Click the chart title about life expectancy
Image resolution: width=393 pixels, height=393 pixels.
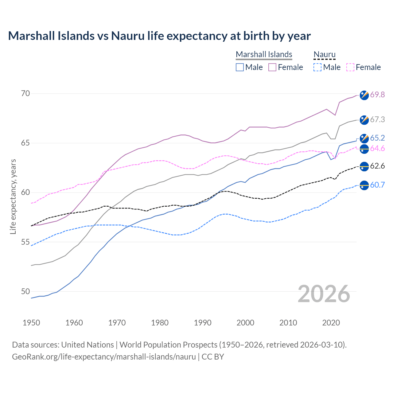[159, 36]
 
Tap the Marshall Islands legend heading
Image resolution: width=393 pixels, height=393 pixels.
[264, 54]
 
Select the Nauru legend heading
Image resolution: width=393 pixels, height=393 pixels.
[324, 54]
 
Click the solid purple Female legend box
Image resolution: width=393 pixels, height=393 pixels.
[272, 67]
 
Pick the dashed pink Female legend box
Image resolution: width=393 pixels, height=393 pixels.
[350, 67]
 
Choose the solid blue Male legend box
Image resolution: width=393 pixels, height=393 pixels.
[240, 67]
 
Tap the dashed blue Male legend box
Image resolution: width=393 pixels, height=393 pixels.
[317, 67]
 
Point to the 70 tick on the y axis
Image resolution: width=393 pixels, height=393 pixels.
[25, 93]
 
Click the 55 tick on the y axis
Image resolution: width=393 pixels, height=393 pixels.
[25, 242]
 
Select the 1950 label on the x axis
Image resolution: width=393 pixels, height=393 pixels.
[31, 323]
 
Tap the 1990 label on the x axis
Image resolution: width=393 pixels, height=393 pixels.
[203, 323]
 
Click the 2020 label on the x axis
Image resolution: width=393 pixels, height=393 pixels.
[331, 323]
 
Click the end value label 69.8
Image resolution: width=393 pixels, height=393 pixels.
[377, 95]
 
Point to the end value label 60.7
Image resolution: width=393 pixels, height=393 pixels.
[377, 185]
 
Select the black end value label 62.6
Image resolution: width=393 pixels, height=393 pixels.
[377, 166]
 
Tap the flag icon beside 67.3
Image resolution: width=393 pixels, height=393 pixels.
[364, 120]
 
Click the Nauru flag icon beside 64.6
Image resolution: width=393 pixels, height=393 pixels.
[364, 149]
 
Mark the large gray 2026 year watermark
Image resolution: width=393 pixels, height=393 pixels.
[324, 294]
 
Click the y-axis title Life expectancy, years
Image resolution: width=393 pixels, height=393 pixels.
[13, 196]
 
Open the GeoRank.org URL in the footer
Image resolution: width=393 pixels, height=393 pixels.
[104, 357]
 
